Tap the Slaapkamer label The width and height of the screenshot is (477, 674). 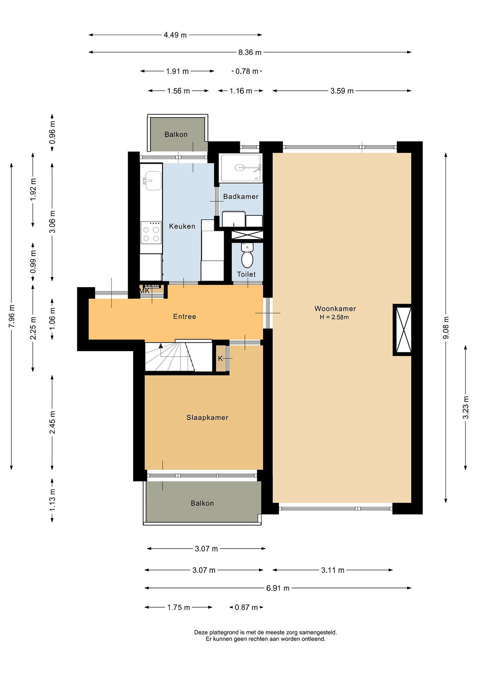point(207,418)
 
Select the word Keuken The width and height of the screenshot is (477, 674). point(182,226)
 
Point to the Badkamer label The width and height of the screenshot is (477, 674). point(241,196)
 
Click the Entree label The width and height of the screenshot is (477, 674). point(185,316)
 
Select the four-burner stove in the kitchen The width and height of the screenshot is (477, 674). point(151,232)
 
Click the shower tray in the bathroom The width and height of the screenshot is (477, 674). point(241,168)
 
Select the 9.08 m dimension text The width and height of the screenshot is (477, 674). point(446,328)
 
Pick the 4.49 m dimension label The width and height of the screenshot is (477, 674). point(175,35)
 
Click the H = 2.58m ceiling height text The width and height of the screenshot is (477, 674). point(334,317)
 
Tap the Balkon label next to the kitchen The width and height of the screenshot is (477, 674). point(176,134)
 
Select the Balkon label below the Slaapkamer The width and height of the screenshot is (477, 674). point(202,503)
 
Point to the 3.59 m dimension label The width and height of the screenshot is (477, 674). point(342,91)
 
